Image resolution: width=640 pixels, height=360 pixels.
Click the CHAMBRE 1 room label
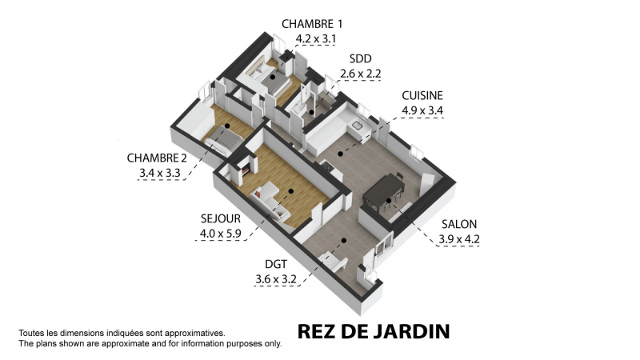point(312,24)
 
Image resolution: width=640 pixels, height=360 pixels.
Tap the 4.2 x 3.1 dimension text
point(315,38)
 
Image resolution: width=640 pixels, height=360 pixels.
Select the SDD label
point(361,58)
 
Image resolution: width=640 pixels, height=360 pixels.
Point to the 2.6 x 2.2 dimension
point(361,74)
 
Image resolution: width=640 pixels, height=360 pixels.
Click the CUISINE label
point(422,95)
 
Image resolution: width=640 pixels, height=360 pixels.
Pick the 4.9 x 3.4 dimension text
point(422,110)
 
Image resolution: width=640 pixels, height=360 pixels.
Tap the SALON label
point(459,224)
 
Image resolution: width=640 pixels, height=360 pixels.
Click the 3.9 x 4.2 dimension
point(459,239)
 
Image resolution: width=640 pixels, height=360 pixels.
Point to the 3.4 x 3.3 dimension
point(159,173)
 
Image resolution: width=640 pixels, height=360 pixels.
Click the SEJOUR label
point(221,218)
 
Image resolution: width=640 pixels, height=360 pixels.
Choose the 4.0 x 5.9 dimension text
point(221,234)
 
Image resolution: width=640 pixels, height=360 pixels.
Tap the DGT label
point(276,265)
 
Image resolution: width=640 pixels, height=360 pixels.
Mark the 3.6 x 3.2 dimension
point(276,279)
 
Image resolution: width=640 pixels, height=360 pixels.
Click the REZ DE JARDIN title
point(374,332)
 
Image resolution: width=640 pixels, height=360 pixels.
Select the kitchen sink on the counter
point(357,126)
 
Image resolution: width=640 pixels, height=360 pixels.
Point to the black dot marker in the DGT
point(344,241)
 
